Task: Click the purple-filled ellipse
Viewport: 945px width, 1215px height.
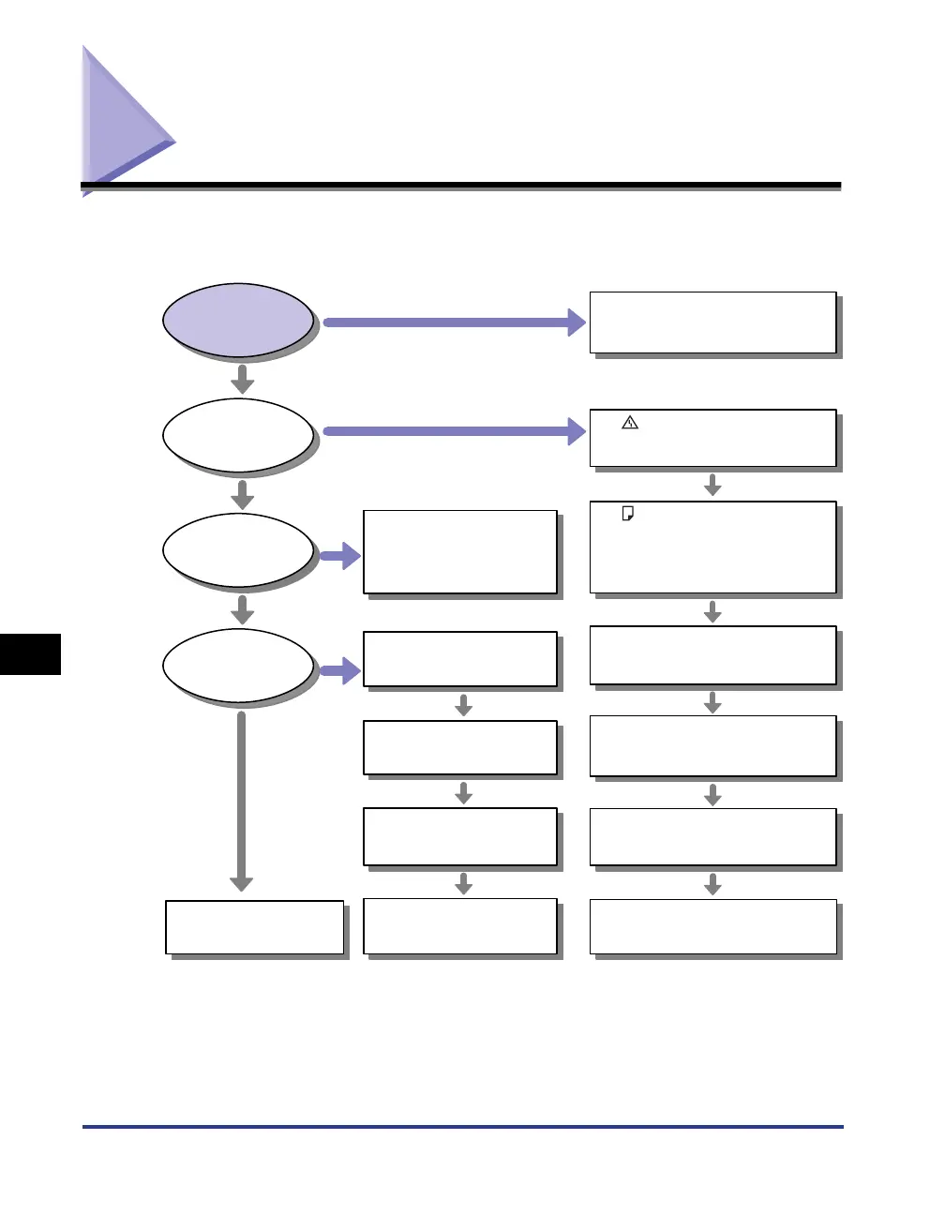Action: pyautogui.click(x=238, y=319)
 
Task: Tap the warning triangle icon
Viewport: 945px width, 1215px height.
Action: pyautogui.click(x=630, y=423)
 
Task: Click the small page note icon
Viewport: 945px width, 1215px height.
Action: pyautogui.click(x=628, y=514)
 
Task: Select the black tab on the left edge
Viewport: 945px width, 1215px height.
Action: pyautogui.click(x=30, y=653)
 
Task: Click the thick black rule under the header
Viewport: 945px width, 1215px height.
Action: pyautogui.click(x=461, y=186)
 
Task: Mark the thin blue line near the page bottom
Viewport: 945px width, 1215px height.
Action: pyautogui.click(x=463, y=1126)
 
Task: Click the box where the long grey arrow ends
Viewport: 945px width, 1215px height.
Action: pyautogui.click(x=255, y=927)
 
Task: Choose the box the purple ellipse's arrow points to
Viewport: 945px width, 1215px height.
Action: pyautogui.click(x=712, y=322)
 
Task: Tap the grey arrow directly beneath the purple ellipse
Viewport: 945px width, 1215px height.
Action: pyautogui.click(x=243, y=379)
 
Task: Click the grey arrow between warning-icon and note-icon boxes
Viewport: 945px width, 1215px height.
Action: pyautogui.click(x=712, y=485)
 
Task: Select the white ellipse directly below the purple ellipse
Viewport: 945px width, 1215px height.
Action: pyautogui.click(x=238, y=435)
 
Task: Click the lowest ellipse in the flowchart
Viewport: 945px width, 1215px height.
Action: pyautogui.click(x=238, y=666)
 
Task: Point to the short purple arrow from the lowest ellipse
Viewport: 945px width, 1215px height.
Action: pyautogui.click(x=340, y=670)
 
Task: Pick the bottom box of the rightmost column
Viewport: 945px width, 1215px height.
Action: pyautogui.click(x=712, y=926)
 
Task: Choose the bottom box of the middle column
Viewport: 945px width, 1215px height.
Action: pyautogui.click(x=460, y=926)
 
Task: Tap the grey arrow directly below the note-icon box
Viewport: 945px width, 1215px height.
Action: pyautogui.click(x=712, y=611)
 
